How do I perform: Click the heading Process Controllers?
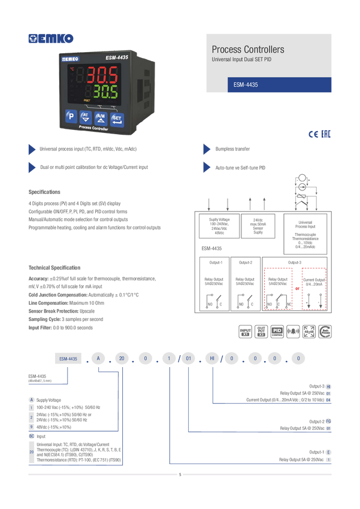[x=248, y=49]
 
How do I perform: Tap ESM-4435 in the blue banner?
[x=246, y=85]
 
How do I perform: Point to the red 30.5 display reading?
[x=104, y=75]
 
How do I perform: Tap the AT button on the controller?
[x=85, y=116]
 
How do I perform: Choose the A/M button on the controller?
[x=101, y=116]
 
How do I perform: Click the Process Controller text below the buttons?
[x=93, y=129]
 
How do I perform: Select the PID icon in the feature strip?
[x=277, y=331]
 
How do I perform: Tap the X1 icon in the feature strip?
[x=244, y=331]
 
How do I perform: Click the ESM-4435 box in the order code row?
[x=68, y=359]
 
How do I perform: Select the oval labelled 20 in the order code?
[x=122, y=359]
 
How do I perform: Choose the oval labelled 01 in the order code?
[x=188, y=359]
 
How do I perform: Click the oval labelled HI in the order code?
[x=212, y=359]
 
